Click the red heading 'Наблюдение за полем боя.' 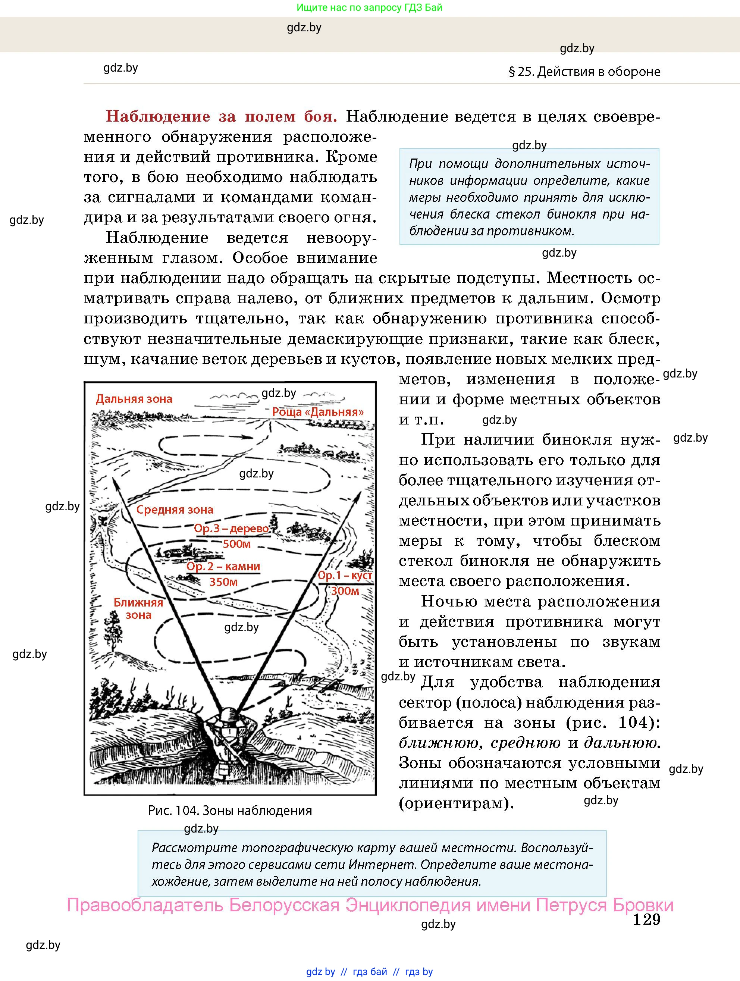pyautogui.click(x=221, y=116)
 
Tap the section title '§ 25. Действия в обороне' pyautogui.click(x=584, y=72)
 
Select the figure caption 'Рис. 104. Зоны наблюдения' pyautogui.click(x=230, y=811)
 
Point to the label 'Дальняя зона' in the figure pyautogui.click(x=134, y=399)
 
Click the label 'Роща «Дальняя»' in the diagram pyautogui.click(x=317, y=412)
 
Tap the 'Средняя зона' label pyautogui.click(x=175, y=510)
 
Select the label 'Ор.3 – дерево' pyautogui.click(x=231, y=529)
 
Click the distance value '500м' pyautogui.click(x=236, y=544)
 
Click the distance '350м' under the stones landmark pyautogui.click(x=223, y=582)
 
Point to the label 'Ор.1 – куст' pyautogui.click(x=345, y=576)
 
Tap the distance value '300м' pyautogui.click(x=345, y=591)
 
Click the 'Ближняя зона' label pyautogui.click(x=138, y=608)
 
